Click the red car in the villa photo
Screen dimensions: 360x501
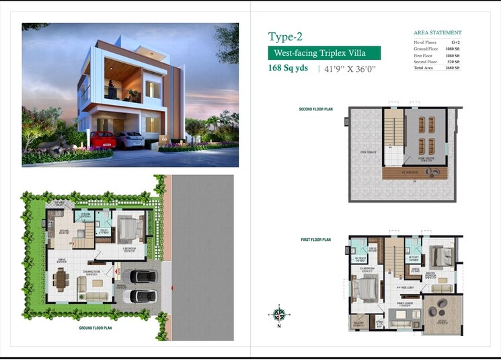pos(103,139)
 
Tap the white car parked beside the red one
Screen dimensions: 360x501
pos(129,139)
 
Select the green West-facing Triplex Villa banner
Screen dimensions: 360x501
pos(324,53)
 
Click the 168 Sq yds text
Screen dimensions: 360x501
pos(290,69)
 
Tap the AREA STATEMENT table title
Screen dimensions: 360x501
pos(437,32)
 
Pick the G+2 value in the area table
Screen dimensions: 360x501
pos(455,42)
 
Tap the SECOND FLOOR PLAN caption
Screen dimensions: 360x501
pos(315,109)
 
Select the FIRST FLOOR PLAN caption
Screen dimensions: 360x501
pos(315,240)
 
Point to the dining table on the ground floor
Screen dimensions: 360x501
pos(62,279)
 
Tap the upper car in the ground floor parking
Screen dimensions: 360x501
pos(143,276)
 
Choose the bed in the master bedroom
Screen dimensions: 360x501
pos(440,257)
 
